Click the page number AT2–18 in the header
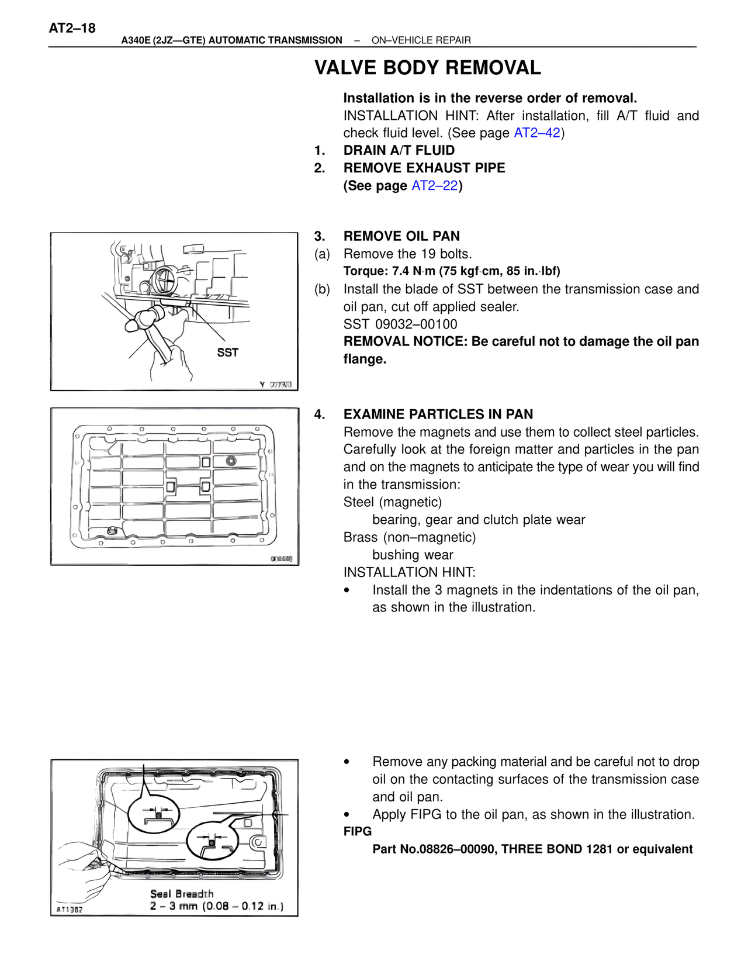point(72,28)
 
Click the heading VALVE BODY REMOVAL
point(427,68)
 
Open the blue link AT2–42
point(536,133)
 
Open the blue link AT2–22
point(434,185)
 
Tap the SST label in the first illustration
point(227,352)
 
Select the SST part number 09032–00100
point(416,324)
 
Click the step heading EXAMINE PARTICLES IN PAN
point(438,414)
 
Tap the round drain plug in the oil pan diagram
point(231,460)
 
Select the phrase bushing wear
point(413,555)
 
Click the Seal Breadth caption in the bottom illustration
point(182,894)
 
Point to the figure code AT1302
point(70,910)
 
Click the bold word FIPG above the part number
point(357,831)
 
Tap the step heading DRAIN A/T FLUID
point(399,150)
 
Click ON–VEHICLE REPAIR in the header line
point(421,40)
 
